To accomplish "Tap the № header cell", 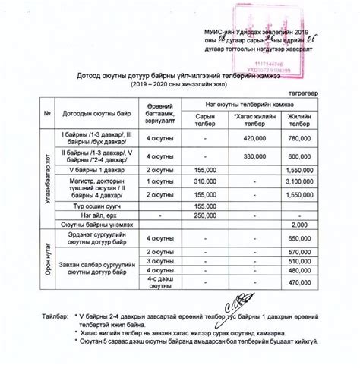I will point(47,114).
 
